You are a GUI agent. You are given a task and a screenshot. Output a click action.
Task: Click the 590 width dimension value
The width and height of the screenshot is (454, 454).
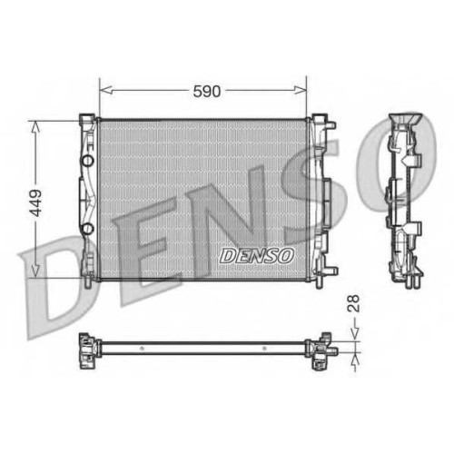click(207, 91)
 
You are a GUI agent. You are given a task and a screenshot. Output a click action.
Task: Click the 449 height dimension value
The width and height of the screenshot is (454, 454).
click(36, 203)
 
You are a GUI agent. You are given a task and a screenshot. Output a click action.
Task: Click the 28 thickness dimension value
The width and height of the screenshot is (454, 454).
click(353, 303)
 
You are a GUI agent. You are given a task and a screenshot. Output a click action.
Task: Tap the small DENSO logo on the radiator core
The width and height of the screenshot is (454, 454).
click(257, 256)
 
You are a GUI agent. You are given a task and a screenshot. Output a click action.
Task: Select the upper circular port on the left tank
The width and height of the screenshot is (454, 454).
click(88, 161)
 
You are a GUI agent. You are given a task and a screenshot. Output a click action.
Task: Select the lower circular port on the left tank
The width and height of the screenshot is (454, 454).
click(88, 229)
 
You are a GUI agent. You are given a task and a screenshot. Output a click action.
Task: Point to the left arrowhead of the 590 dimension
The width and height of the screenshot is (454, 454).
click(106, 90)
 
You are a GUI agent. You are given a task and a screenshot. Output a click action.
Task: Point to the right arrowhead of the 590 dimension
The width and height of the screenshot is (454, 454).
click(301, 90)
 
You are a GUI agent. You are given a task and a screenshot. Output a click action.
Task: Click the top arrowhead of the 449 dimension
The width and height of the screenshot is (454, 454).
click(35, 127)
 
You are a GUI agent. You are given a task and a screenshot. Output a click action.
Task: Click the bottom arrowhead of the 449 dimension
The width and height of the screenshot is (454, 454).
click(35, 271)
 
